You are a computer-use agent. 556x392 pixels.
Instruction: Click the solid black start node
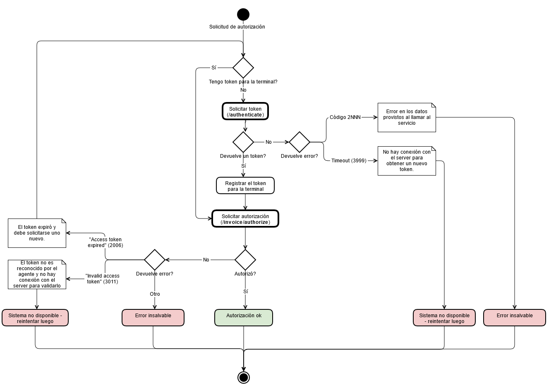pos(243,14)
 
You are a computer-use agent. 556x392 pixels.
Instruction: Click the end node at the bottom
pos(244,377)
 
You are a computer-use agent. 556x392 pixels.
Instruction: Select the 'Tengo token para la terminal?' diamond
pos(243,68)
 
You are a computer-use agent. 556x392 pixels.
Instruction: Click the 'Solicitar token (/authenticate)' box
pos(245,112)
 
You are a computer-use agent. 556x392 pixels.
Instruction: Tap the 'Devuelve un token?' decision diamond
pos(243,142)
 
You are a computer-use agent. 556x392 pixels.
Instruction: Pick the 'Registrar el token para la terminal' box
pos(245,186)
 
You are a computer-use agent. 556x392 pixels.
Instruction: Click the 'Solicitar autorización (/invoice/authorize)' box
pos(245,219)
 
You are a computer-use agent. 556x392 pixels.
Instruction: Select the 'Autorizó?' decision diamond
pos(245,260)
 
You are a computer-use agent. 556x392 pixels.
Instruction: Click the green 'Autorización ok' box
pos(244,318)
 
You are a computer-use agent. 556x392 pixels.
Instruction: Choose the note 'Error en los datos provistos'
pos(407,118)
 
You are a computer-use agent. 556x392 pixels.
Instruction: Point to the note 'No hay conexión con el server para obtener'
pos(407,161)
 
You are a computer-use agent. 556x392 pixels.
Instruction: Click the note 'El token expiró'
pos(37,233)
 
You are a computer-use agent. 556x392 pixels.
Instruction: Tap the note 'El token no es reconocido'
pos(37,274)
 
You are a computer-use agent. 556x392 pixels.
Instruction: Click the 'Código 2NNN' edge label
pos(345,117)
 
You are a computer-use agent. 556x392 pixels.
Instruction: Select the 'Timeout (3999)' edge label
pos(349,161)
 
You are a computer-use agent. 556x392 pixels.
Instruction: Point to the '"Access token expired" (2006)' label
pos(105,242)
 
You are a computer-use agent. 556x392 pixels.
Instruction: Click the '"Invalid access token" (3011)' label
pos(103,279)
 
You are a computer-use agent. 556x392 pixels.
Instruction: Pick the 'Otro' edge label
pos(155,294)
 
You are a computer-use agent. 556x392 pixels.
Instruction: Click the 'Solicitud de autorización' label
pos(237,27)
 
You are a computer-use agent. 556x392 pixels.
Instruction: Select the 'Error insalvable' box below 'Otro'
pos(153,318)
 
